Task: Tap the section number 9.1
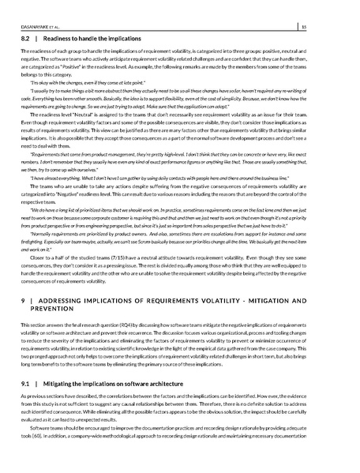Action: click(24, 404)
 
